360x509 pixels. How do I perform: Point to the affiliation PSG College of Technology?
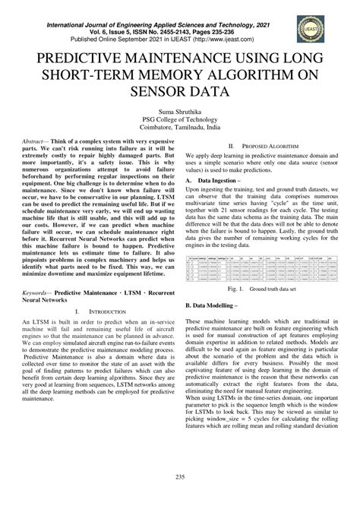point(179,119)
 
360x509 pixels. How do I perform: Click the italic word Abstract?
point(33,142)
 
